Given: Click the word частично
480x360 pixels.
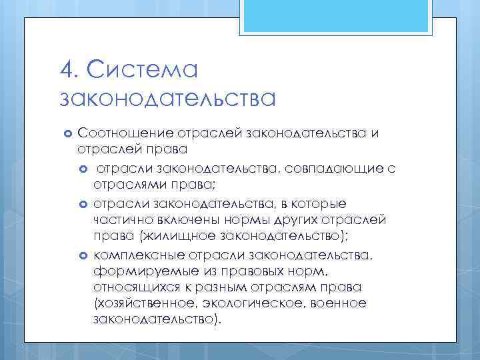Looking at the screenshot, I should [118, 219].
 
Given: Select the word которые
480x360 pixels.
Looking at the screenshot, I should [314, 203].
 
